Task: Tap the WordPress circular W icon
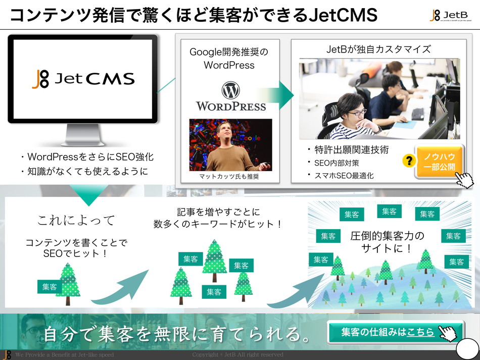tap(230, 91)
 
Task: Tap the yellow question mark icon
tap(408, 162)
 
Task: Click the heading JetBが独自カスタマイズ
tap(378, 49)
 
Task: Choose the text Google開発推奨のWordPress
tap(229, 58)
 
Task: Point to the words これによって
tap(76, 220)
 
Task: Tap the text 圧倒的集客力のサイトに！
tap(388, 242)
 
